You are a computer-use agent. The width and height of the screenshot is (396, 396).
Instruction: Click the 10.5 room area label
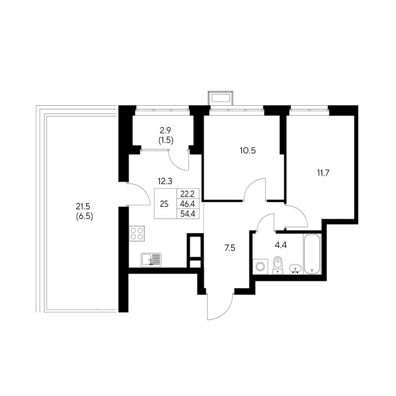click(x=247, y=151)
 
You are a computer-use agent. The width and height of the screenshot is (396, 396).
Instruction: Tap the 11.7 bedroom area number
click(x=323, y=173)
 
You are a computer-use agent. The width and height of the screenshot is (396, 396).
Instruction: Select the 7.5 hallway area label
click(x=230, y=248)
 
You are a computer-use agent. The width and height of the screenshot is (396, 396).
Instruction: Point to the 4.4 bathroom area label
click(x=281, y=245)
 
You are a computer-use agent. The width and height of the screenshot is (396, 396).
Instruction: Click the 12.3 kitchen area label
click(x=165, y=181)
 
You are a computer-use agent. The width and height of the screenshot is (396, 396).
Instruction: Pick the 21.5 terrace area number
click(x=83, y=207)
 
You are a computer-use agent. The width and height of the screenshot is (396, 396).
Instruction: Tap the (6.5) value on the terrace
click(x=85, y=217)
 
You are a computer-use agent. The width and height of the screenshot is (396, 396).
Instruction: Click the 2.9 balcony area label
click(x=166, y=130)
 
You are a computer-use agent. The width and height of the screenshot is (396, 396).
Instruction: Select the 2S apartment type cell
click(x=164, y=204)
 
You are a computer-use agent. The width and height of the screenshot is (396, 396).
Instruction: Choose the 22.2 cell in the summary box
click(x=187, y=194)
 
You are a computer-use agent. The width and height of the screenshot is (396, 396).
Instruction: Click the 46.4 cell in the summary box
click(x=187, y=204)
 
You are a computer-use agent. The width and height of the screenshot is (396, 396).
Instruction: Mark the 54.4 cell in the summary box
click(x=187, y=214)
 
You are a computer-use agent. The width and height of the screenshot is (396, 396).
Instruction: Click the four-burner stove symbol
click(x=137, y=234)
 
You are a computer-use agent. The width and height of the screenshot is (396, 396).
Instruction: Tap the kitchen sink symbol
click(x=151, y=260)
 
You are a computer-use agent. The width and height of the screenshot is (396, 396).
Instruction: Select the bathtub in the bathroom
click(x=312, y=254)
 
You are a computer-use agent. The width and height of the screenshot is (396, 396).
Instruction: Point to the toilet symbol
click(x=278, y=265)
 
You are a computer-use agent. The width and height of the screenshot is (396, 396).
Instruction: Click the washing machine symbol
click(x=260, y=267)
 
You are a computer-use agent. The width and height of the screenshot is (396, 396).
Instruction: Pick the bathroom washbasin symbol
click(x=295, y=269)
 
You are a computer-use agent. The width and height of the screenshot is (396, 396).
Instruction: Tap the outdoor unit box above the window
click(x=221, y=98)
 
